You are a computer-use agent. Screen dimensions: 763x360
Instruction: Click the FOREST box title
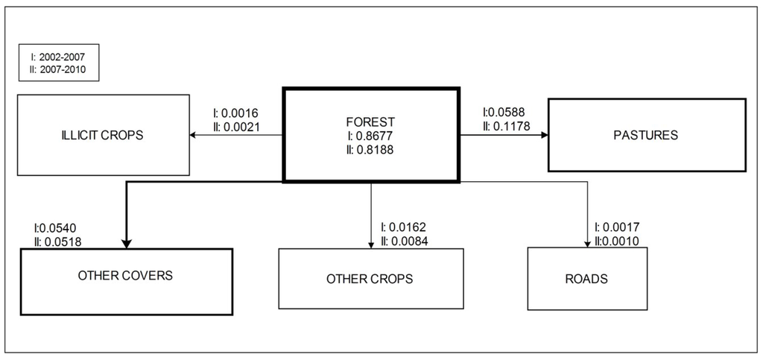pos(371,121)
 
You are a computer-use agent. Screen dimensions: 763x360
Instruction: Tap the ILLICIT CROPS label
pos(103,135)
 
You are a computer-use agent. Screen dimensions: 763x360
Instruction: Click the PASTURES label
pos(646,135)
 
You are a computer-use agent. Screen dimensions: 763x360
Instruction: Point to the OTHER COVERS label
pos(125,275)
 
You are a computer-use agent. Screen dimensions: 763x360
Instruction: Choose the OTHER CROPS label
pos(370,279)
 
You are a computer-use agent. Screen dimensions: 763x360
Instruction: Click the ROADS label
pos(586,279)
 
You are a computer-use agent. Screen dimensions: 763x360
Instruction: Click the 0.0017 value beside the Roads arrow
pos(621,227)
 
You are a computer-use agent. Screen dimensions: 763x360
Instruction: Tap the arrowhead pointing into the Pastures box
pos(545,135)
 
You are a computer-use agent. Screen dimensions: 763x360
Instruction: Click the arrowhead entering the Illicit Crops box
pos(193,135)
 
